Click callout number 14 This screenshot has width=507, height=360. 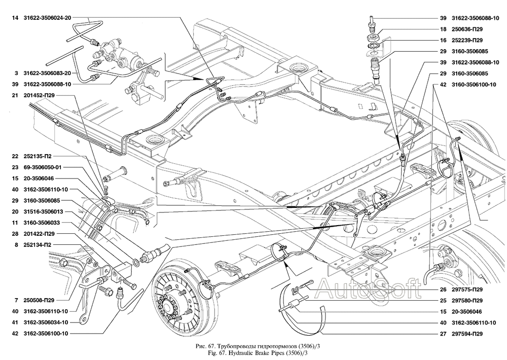(x=16, y=18)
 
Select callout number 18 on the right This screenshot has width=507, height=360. (x=443, y=29)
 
